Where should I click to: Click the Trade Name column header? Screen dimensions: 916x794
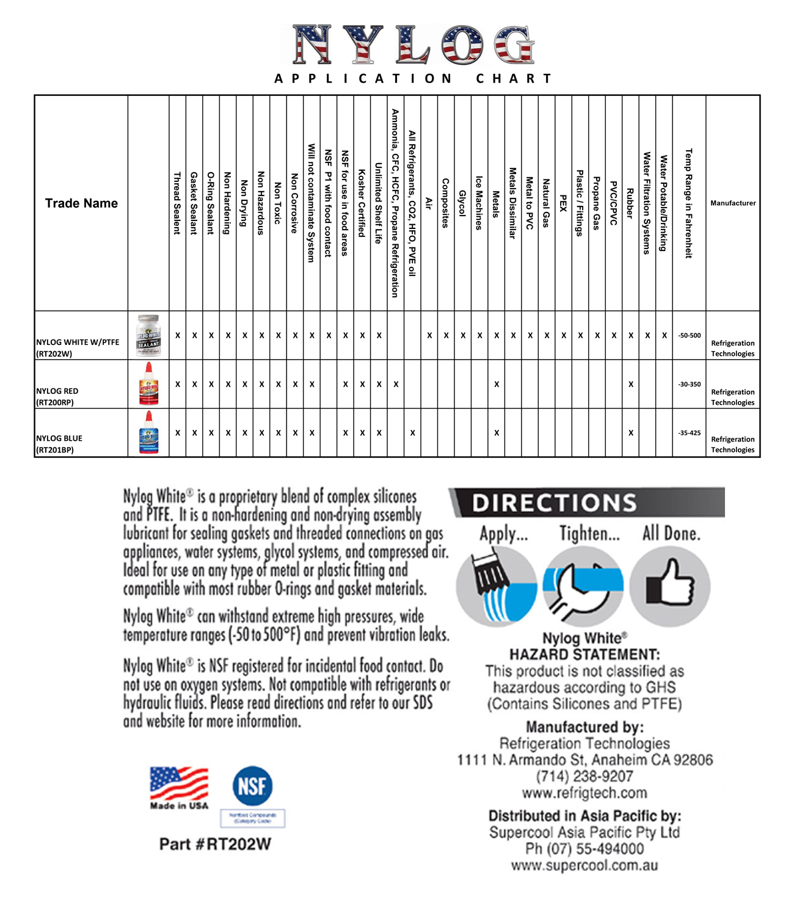[81, 203]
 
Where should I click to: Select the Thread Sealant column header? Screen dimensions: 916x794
[177, 203]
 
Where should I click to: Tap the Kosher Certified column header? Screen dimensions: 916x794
[362, 203]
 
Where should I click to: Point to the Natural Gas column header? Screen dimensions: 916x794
[546, 203]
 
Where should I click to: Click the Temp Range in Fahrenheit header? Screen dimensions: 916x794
[689, 203]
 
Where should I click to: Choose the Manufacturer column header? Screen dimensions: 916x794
[733, 203]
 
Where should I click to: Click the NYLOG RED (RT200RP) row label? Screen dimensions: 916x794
[57, 396]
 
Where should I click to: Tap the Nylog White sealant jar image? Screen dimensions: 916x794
[148, 335]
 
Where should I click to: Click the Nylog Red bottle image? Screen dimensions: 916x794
[148, 384]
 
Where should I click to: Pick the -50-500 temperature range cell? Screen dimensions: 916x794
[690, 335]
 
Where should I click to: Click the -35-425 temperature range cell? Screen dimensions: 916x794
[690, 433]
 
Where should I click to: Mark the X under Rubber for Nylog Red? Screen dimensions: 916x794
[631, 384]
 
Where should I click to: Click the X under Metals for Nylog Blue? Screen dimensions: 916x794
[497, 433]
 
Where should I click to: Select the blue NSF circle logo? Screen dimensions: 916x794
[252, 785]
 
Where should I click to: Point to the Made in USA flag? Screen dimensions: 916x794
[179, 784]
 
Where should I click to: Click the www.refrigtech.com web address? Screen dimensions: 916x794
[585, 793]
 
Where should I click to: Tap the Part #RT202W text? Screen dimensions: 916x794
[215, 845]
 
